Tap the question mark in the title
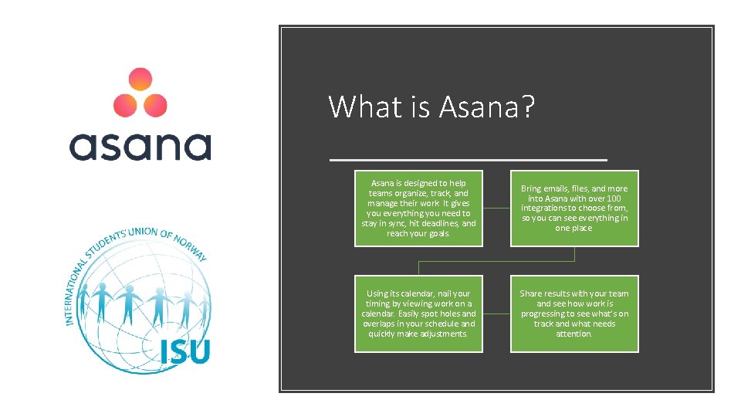click(527, 107)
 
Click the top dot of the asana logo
click(140, 80)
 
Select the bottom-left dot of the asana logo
click(125, 104)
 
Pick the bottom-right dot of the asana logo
click(155, 104)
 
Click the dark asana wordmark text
click(140, 146)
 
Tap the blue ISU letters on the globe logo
click(184, 351)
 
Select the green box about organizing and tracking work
click(418, 208)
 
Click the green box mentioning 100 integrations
click(574, 208)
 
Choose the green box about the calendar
click(418, 314)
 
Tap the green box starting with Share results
click(574, 314)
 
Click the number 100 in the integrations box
click(614, 198)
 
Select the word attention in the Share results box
click(574, 334)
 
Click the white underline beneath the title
click(468, 159)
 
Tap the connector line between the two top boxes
click(496, 208)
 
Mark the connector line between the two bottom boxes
click(496, 314)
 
